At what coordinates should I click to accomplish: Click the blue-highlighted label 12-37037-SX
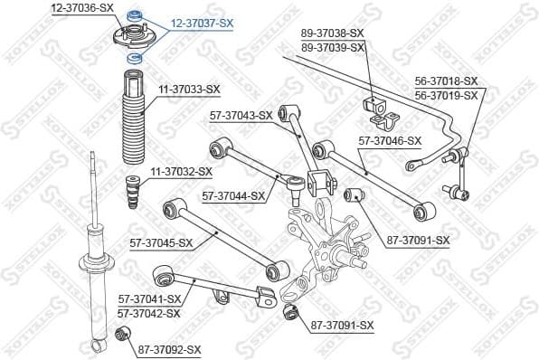click(203, 24)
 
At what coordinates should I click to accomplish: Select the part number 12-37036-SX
click(82, 7)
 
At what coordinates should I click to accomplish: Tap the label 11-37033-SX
click(189, 89)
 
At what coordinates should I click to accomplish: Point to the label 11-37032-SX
click(181, 171)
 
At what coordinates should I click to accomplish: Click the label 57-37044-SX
click(233, 195)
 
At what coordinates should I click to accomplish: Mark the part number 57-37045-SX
click(161, 242)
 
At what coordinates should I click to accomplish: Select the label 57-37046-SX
click(390, 140)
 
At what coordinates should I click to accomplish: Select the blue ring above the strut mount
click(136, 15)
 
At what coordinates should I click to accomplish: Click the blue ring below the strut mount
click(135, 58)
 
